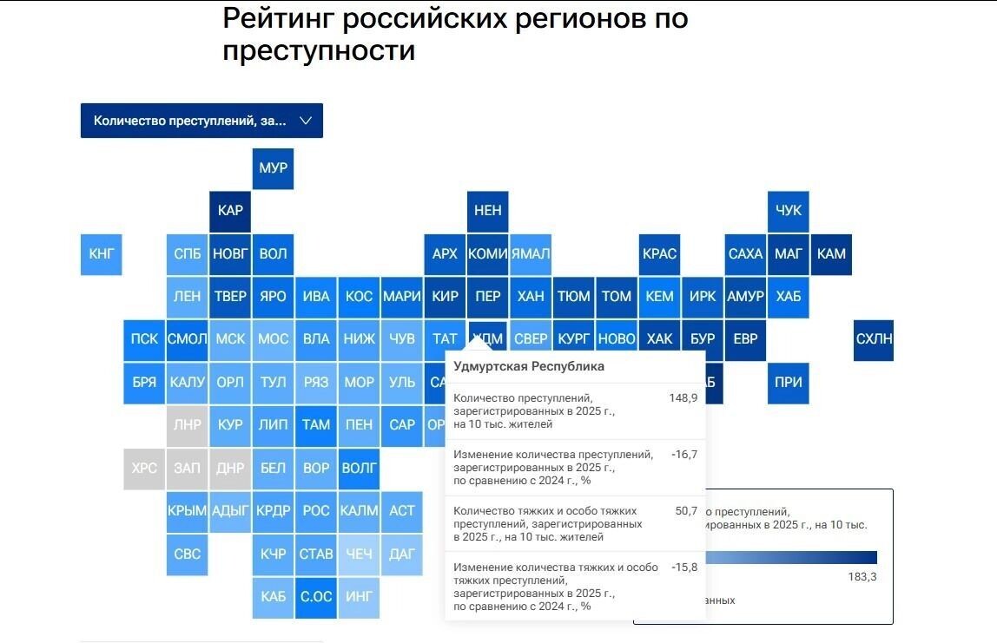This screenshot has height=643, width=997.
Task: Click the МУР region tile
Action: [x=273, y=167]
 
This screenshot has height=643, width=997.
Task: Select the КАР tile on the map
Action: [x=230, y=211]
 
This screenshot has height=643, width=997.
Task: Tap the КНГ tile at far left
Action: [x=101, y=254]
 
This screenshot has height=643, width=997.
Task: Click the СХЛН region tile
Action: [x=873, y=339]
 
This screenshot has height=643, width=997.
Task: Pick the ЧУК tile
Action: [x=788, y=211]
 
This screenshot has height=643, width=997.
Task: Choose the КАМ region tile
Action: [x=831, y=254]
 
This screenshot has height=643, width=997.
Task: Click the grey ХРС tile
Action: [x=144, y=468]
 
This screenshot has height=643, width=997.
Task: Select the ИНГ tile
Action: [x=359, y=597]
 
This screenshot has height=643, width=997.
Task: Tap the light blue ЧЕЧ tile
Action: [x=359, y=554]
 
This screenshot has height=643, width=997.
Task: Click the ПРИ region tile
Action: [x=788, y=382]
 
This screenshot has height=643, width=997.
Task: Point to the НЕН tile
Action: [x=487, y=211]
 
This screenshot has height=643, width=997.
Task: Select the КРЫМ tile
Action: [x=187, y=511]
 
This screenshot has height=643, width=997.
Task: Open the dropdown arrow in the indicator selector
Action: [x=305, y=121]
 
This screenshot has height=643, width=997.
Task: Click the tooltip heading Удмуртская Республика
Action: [x=529, y=366]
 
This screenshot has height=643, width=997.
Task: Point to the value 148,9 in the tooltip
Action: [x=683, y=397]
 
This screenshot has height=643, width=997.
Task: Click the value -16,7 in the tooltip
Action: [x=683, y=454]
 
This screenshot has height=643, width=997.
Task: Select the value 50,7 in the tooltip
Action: [x=686, y=511]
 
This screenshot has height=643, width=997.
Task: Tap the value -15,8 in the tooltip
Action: [x=683, y=568]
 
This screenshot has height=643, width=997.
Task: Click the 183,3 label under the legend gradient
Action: [x=862, y=577]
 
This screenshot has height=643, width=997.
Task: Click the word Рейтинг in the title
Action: [x=287, y=18]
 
